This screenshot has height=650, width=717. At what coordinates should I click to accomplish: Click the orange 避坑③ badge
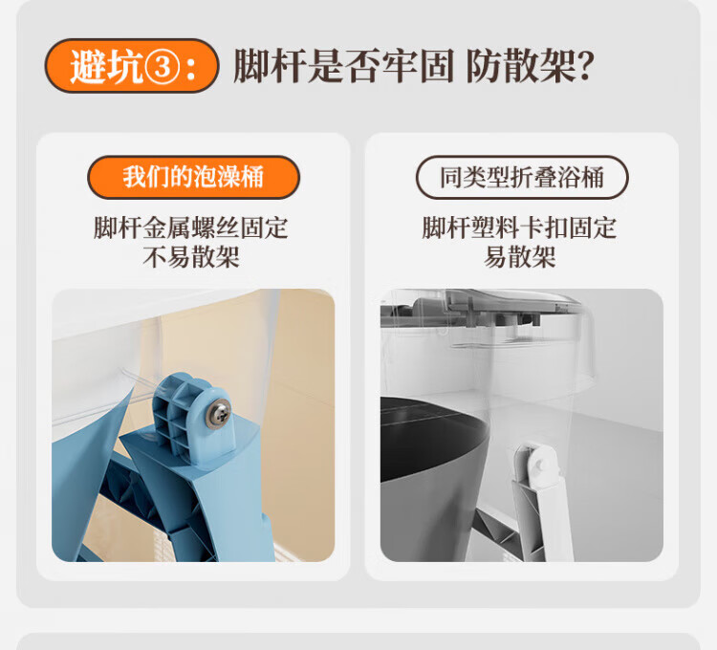point(132,66)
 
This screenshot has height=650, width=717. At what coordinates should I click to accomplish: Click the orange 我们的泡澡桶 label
point(193,177)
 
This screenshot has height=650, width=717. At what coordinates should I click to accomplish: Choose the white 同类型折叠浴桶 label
point(522,177)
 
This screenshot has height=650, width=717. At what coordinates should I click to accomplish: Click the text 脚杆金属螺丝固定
point(191,227)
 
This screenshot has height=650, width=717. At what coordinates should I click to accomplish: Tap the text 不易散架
point(191,257)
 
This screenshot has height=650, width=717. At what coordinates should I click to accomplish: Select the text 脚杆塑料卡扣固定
point(519,227)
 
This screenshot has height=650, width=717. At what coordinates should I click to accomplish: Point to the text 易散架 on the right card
point(519,257)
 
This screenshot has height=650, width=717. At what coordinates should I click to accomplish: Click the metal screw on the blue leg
point(218,414)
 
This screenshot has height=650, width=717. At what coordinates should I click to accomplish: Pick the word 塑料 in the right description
point(495,227)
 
